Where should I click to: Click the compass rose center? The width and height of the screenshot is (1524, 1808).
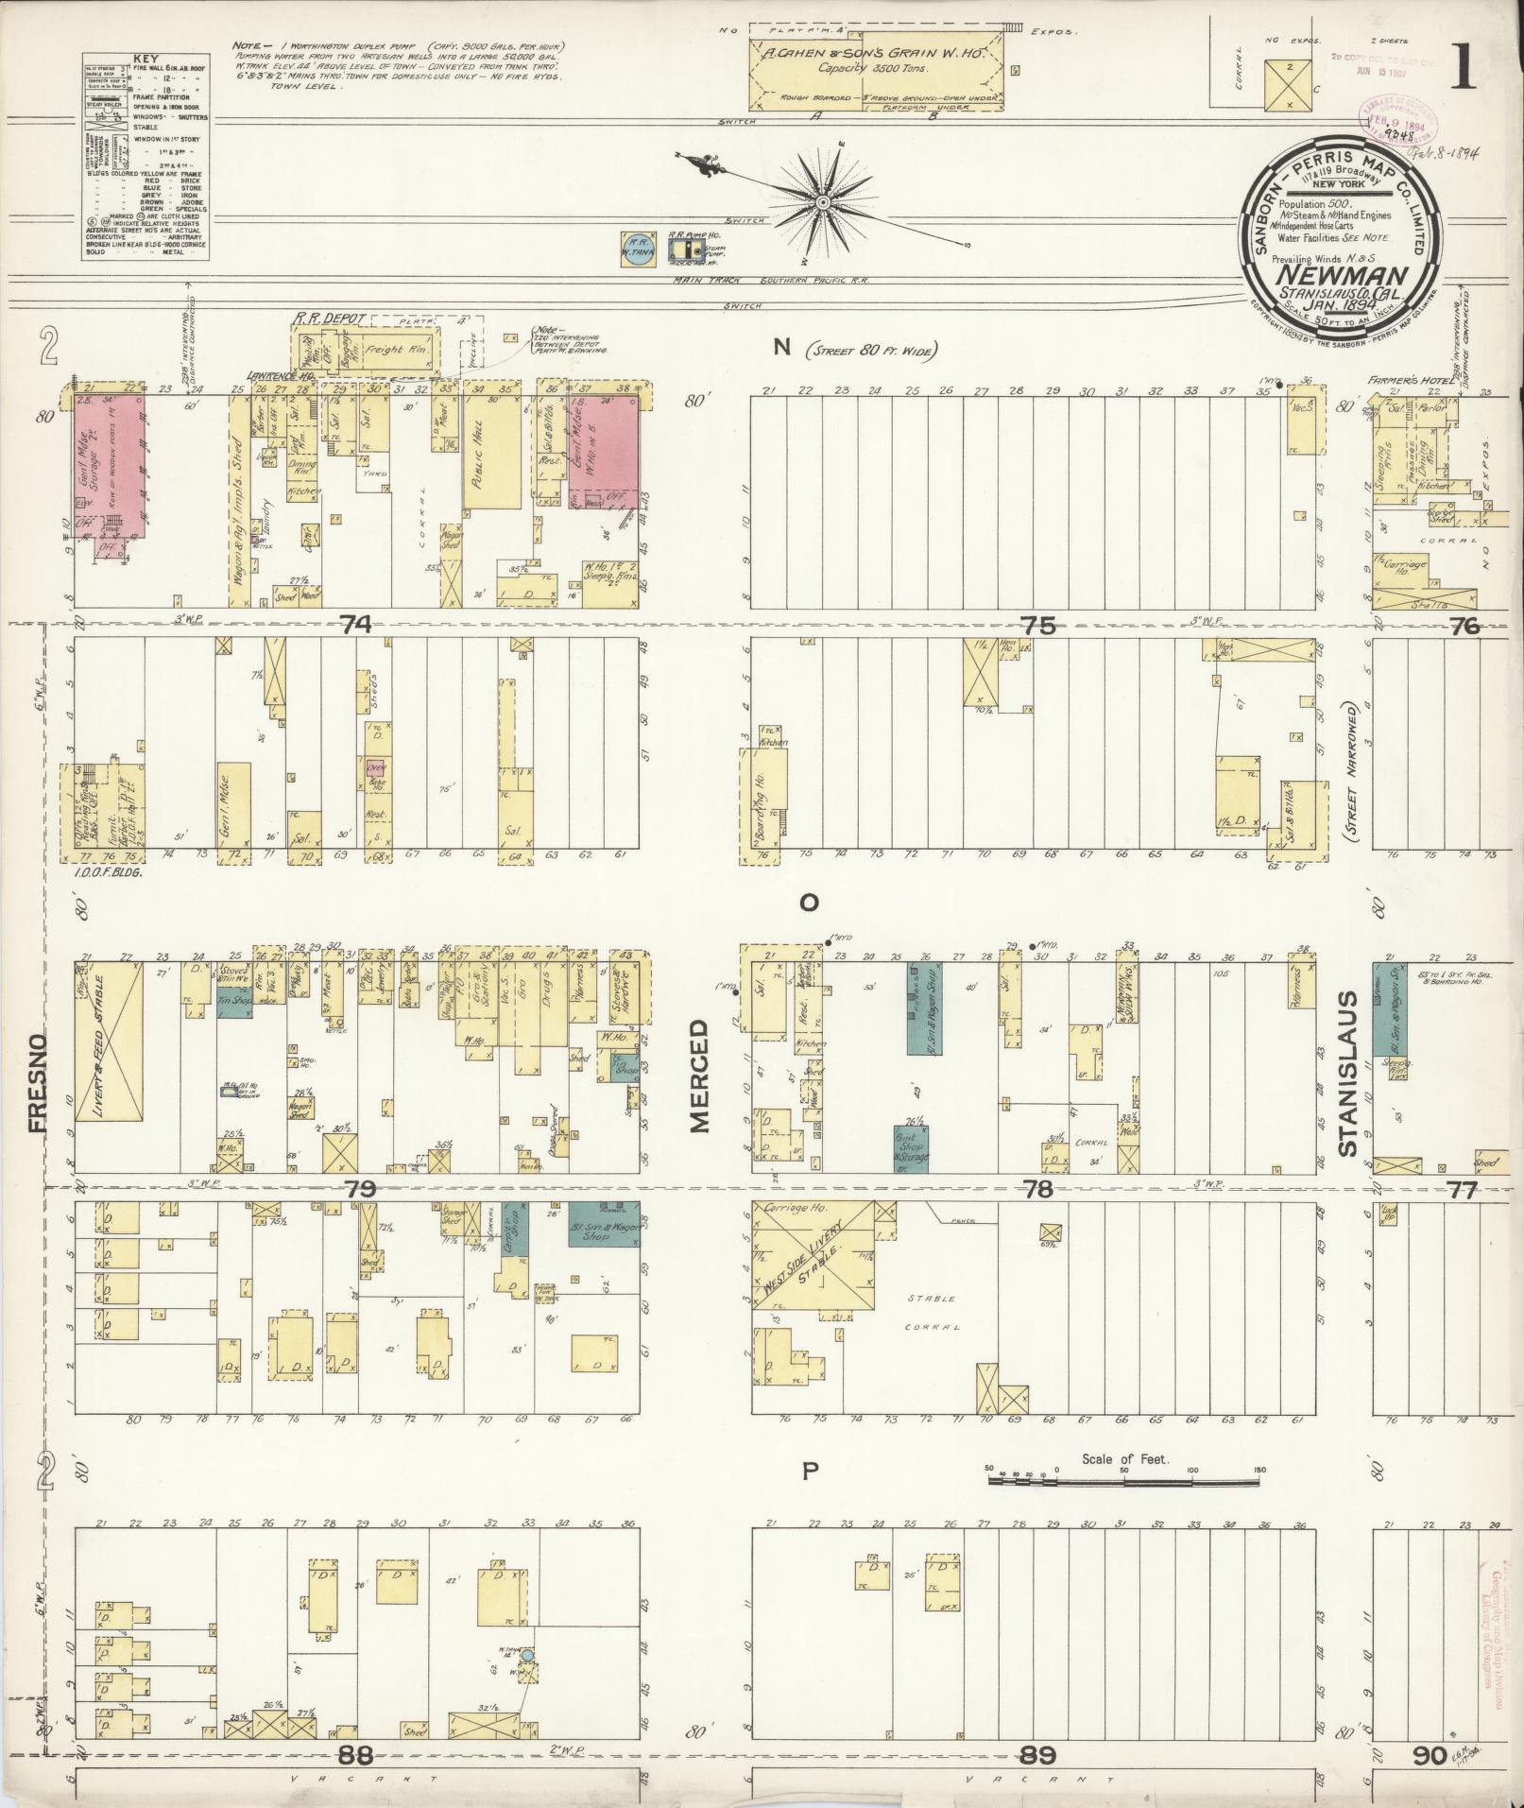tap(824, 203)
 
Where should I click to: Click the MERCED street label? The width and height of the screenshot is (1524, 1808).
tap(699, 1076)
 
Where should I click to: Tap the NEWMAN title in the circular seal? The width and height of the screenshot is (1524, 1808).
tap(1339, 276)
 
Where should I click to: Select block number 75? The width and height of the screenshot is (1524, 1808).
tap(1037, 625)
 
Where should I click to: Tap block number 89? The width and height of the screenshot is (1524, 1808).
tap(1037, 1755)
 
